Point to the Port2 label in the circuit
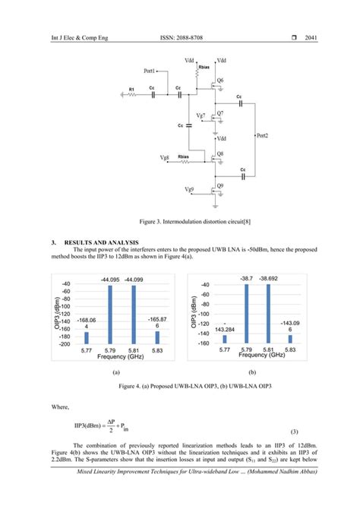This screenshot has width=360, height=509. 266,135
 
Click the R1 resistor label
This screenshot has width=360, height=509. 131,89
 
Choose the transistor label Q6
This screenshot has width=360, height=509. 220,80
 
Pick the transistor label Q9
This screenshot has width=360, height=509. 220,185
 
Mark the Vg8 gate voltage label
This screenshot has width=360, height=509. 165,157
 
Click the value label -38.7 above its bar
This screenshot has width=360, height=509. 246,279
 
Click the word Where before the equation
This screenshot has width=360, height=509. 61,407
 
